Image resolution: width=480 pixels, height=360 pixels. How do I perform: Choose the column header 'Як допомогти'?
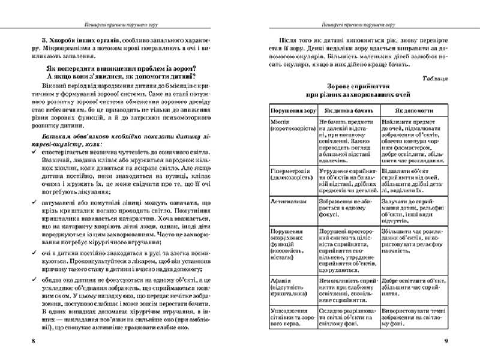pyautogui.click(x=410, y=111)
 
